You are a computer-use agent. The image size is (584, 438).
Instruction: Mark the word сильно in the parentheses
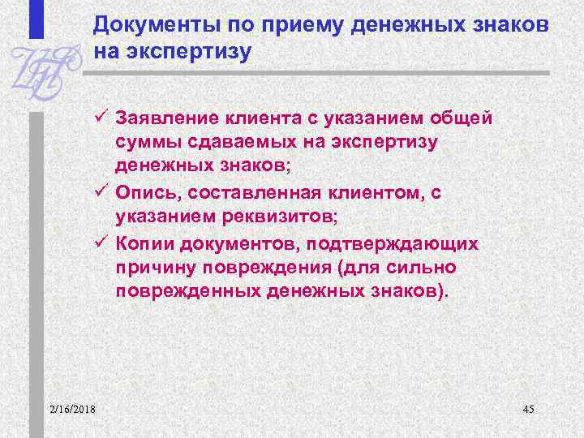427,268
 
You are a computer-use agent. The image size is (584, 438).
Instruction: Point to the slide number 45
527,409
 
